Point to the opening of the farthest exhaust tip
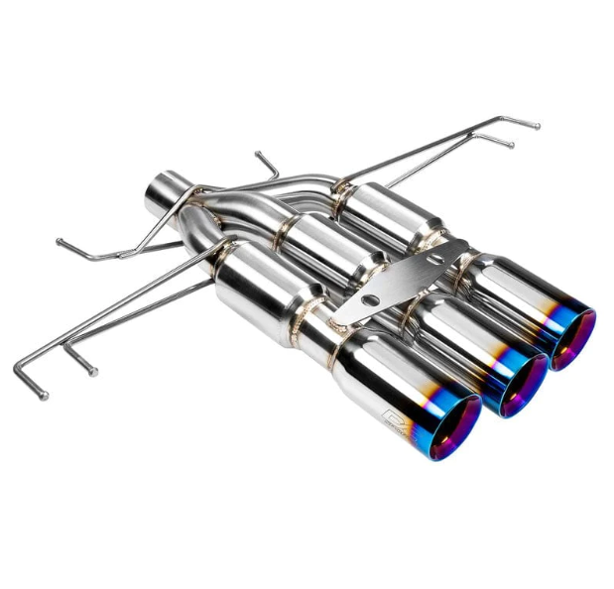(573, 338)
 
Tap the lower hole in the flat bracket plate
(369, 298)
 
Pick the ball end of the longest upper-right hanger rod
(537, 125)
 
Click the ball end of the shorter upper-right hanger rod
(512, 145)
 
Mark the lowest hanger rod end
(43, 396)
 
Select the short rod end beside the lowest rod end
(94, 373)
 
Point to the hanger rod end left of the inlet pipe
(60, 241)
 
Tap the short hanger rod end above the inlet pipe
(257, 154)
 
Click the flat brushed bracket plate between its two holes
(402, 279)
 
